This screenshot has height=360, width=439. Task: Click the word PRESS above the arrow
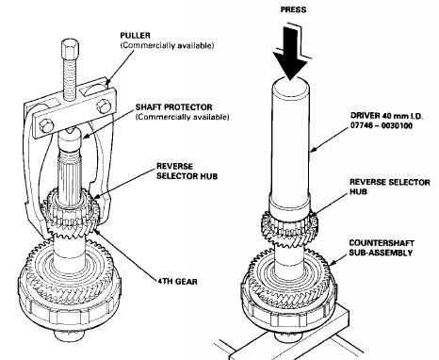293,9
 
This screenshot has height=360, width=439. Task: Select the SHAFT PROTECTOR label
173,107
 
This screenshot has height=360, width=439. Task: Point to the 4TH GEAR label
178,281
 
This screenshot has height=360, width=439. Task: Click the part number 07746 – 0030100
382,125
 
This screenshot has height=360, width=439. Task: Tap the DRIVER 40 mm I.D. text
386,116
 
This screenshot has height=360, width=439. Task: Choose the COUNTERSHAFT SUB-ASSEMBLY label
382,248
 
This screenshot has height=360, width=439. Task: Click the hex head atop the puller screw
71,46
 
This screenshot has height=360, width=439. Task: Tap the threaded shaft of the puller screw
71,77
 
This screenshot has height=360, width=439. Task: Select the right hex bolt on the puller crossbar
104,106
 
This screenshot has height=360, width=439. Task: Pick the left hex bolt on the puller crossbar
46,125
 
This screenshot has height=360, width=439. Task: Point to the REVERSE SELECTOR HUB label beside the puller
187,171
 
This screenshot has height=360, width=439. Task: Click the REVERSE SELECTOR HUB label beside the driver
390,187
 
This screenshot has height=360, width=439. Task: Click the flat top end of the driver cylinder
290,84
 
